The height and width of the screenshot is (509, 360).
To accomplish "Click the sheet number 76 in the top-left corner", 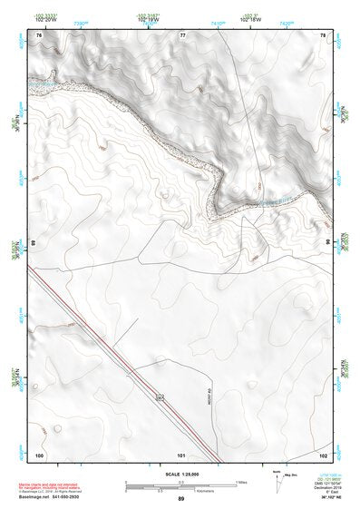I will point(39,34).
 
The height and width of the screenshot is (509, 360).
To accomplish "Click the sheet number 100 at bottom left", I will point(39,454).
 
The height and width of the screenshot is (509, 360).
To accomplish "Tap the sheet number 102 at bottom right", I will point(322,454).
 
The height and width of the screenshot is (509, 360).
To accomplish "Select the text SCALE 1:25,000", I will point(180,475).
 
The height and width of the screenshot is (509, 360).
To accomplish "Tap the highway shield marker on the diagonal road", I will point(159,396).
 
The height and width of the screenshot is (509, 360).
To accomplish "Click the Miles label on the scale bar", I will point(239,481).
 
